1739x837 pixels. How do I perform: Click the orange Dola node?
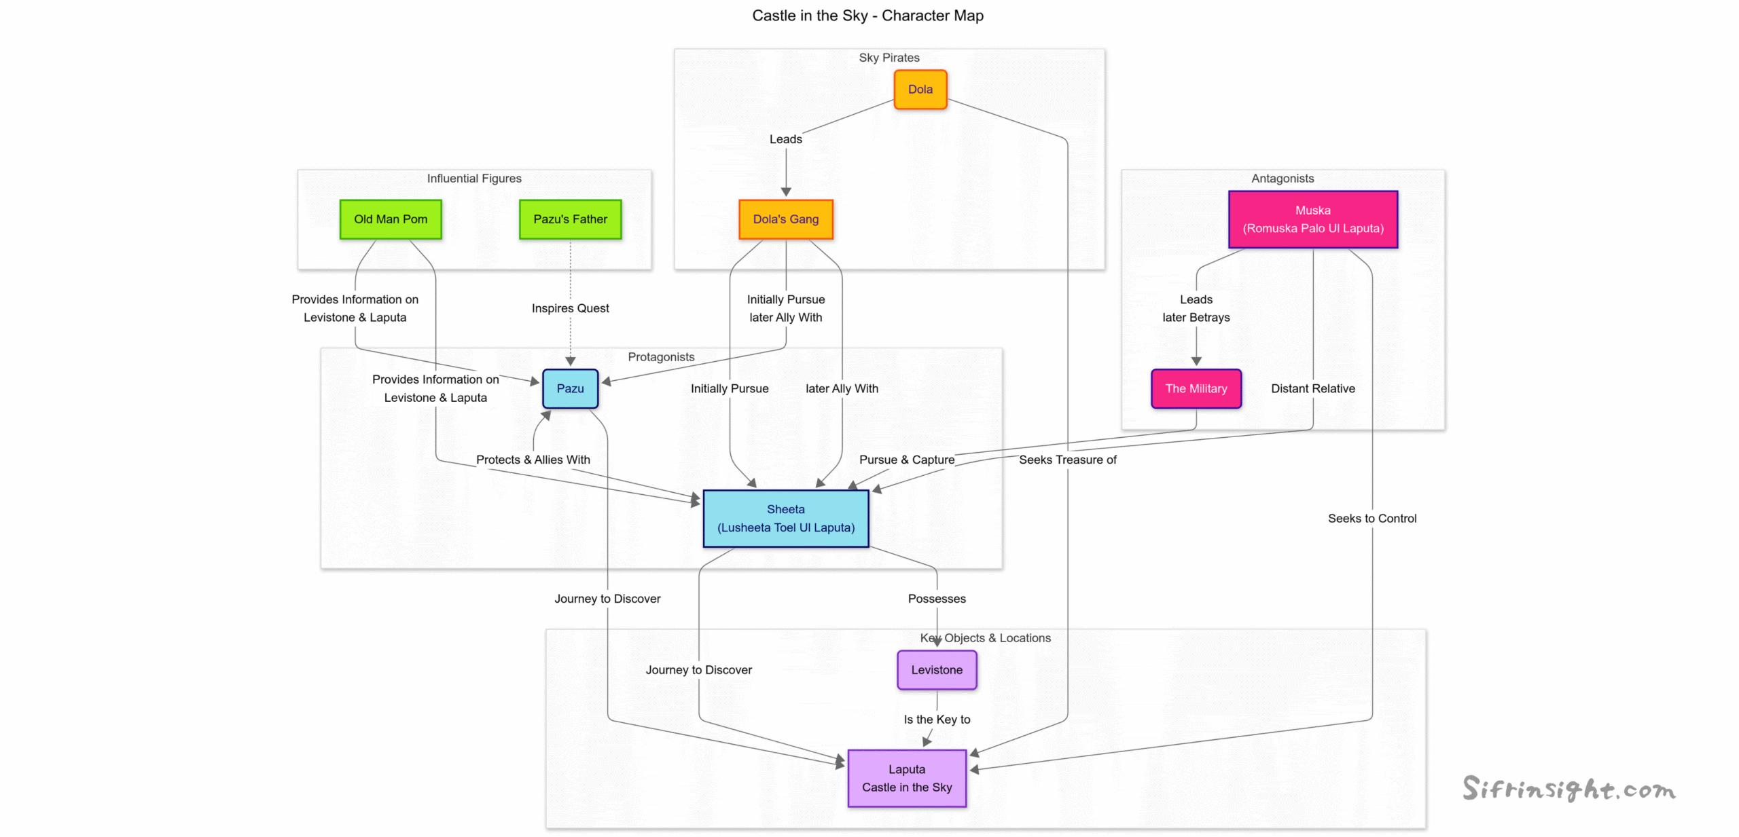pos(920,90)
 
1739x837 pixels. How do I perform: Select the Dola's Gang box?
pos(785,219)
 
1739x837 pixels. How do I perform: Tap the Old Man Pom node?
pos(391,219)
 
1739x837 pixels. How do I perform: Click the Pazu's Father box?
pos(570,219)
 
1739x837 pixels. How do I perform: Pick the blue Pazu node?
pos(570,388)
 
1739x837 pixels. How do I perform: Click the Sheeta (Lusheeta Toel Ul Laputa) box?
pos(785,518)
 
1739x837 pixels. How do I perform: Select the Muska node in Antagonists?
pos(1312,219)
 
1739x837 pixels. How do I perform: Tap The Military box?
pos(1196,388)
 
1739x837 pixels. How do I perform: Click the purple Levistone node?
pos(936,669)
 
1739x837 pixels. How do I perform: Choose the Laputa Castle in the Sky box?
pos(906,778)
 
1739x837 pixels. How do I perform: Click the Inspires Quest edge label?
pos(570,308)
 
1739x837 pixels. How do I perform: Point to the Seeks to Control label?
pos(1372,518)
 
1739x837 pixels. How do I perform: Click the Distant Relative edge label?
pos(1312,388)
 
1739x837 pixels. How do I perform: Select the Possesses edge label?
pos(936,598)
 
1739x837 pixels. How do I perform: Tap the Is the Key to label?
pos(936,719)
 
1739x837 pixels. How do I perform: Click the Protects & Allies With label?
pos(533,460)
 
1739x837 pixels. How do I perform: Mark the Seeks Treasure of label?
pos(1066,460)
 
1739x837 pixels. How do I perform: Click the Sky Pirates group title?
pos(889,58)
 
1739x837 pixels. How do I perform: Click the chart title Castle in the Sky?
pos(867,16)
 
